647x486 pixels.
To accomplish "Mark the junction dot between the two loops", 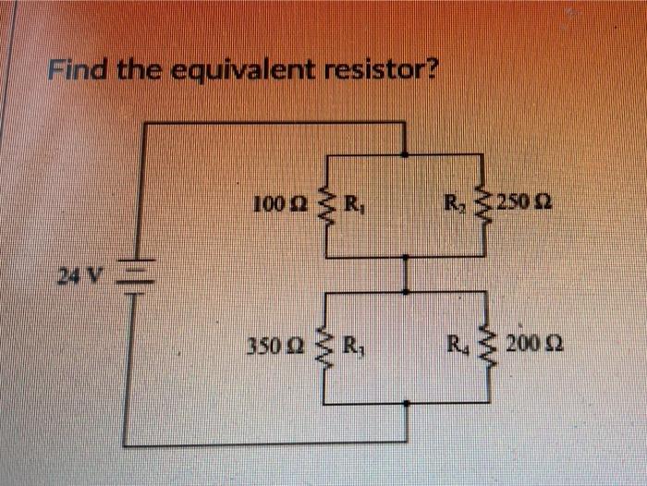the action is (407, 290).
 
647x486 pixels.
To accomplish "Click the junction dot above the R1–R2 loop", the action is (407, 153).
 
